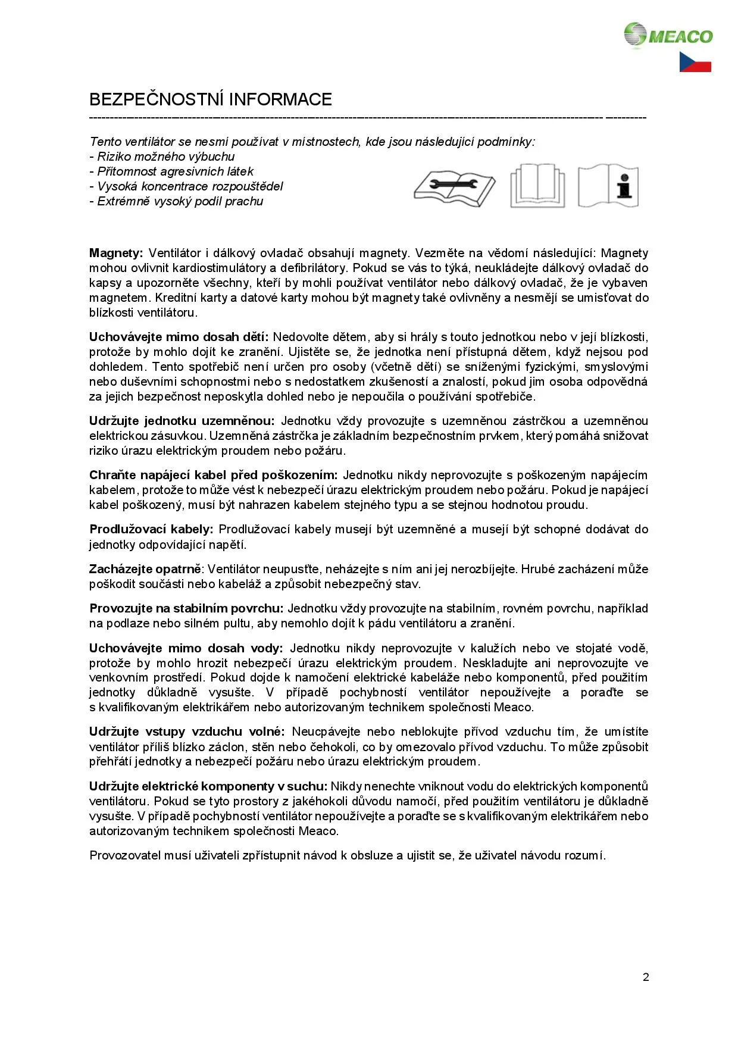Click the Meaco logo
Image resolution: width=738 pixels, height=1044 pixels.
point(668,35)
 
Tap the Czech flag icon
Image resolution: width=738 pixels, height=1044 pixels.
point(695,62)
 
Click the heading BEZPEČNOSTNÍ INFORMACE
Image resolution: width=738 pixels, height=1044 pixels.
point(211,99)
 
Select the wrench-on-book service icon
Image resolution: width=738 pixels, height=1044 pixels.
point(455,186)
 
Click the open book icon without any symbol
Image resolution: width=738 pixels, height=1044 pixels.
point(537,186)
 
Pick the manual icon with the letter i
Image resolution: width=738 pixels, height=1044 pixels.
point(608,186)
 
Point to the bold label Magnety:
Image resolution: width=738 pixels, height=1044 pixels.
point(116,253)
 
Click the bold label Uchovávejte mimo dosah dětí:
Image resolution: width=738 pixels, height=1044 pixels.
point(179,337)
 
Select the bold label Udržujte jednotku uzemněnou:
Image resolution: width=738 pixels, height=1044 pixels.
point(182,421)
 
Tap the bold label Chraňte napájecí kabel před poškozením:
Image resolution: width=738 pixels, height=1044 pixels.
point(213,476)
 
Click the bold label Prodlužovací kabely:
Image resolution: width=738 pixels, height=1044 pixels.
point(151,530)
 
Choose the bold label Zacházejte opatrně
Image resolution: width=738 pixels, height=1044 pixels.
point(145,570)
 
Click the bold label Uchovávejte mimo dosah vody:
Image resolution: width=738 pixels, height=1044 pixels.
point(186,648)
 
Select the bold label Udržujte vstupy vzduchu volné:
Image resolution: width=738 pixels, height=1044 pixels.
point(187,732)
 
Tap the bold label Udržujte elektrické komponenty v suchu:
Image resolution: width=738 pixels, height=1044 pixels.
point(208,787)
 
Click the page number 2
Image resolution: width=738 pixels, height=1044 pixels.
point(646,977)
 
